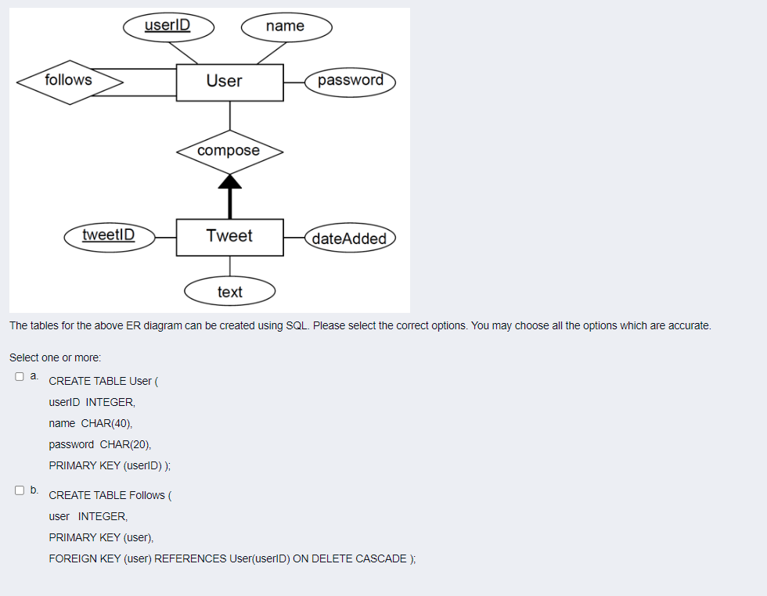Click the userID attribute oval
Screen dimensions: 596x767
tap(168, 25)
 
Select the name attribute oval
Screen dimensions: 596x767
tap(286, 27)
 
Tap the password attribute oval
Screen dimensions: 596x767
tap(351, 81)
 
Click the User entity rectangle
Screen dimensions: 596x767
tap(229, 81)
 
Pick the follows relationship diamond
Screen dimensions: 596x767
tap(70, 81)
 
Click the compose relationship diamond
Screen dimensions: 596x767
tap(229, 151)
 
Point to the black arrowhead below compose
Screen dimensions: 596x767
tap(229, 182)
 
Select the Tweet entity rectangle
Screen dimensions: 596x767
tap(229, 236)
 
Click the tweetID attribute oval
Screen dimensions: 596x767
tap(109, 235)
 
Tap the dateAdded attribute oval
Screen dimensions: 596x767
tap(350, 239)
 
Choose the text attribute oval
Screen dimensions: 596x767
tap(230, 292)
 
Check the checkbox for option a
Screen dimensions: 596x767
tap(20, 376)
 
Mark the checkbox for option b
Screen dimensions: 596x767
tap(20, 490)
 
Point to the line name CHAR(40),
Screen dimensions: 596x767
tap(91, 423)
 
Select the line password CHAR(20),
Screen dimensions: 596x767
tap(100, 444)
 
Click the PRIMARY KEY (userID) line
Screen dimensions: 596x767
tap(110, 465)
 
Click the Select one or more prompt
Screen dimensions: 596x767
tap(55, 357)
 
